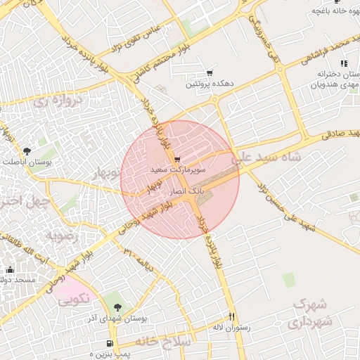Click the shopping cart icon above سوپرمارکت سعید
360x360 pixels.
(176, 160)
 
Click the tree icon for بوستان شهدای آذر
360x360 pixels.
(117, 307)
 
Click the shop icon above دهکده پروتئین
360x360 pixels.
(209, 73)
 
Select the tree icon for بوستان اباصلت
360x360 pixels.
(27, 150)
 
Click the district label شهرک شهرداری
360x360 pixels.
(308, 314)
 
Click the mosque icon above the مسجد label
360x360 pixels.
(10, 270)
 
